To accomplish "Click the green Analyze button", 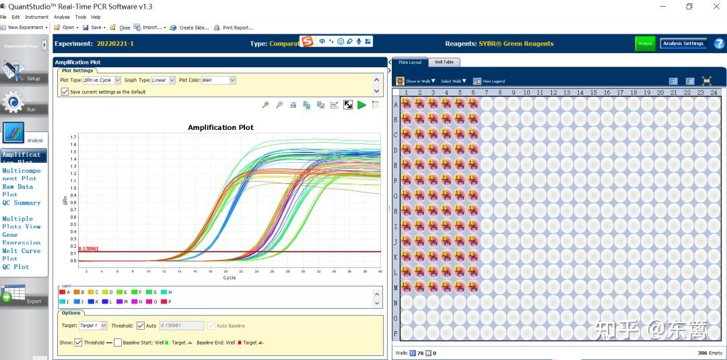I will pyautogui.click(x=645, y=44).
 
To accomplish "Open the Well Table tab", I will pyautogui.click(x=444, y=62).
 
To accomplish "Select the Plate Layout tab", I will pyautogui.click(x=409, y=62).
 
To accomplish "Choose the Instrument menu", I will pyautogui.click(x=37, y=17).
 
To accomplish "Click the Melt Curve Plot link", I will pyautogui.click(x=21, y=254).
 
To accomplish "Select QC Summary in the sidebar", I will pyautogui.click(x=21, y=203).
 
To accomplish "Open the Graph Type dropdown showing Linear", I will pyautogui.click(x=163, y=80).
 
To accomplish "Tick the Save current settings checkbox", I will pyautogui.click(x=65, y=92).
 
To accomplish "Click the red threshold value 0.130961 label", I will pyautogui.click(x=88, y=248).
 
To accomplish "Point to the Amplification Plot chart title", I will pyautogui.click(x=220, y=127).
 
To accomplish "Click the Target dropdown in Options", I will pyautogui.click(x=93, y=326).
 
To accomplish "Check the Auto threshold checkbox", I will pyautogui.click(x=140, y=326).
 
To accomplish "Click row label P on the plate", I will pyautogui.click(x=395, y=333).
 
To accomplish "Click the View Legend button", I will pyautogui.click(x=489, y=81).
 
